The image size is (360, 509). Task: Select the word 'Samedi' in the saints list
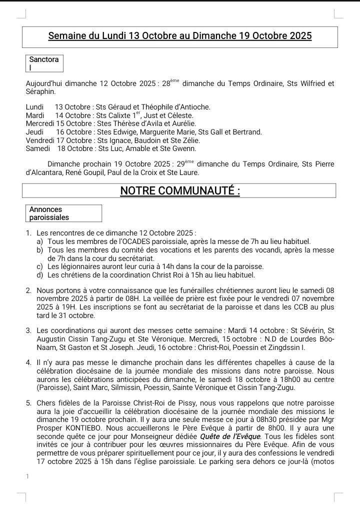37,148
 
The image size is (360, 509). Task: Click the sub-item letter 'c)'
39,266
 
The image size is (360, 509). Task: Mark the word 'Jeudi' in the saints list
34,131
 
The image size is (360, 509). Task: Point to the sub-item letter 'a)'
39,241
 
